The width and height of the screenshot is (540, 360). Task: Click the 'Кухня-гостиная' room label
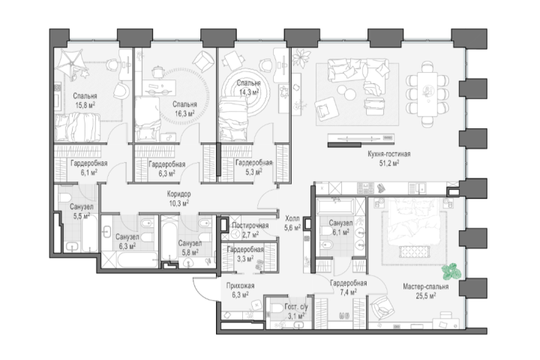389,154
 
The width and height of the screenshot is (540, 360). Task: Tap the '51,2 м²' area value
389,163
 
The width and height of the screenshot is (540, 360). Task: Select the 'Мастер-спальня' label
426,286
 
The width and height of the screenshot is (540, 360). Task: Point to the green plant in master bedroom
451,271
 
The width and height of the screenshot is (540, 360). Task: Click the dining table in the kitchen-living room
427,94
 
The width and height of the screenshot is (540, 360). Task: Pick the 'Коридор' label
178,194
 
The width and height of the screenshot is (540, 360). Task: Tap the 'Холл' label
292,218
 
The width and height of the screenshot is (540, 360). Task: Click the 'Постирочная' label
250,226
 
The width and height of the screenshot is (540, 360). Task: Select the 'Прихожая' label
241,286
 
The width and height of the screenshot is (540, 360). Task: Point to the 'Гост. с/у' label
296,307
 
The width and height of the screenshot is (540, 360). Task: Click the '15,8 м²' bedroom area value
85,105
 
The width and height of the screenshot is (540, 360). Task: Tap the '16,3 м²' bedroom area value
184,113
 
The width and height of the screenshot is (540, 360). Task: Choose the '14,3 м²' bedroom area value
249,91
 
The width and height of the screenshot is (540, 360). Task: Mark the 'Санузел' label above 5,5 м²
81,207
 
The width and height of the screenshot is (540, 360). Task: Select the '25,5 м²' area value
426,295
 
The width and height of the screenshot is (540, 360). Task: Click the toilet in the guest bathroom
277,308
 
